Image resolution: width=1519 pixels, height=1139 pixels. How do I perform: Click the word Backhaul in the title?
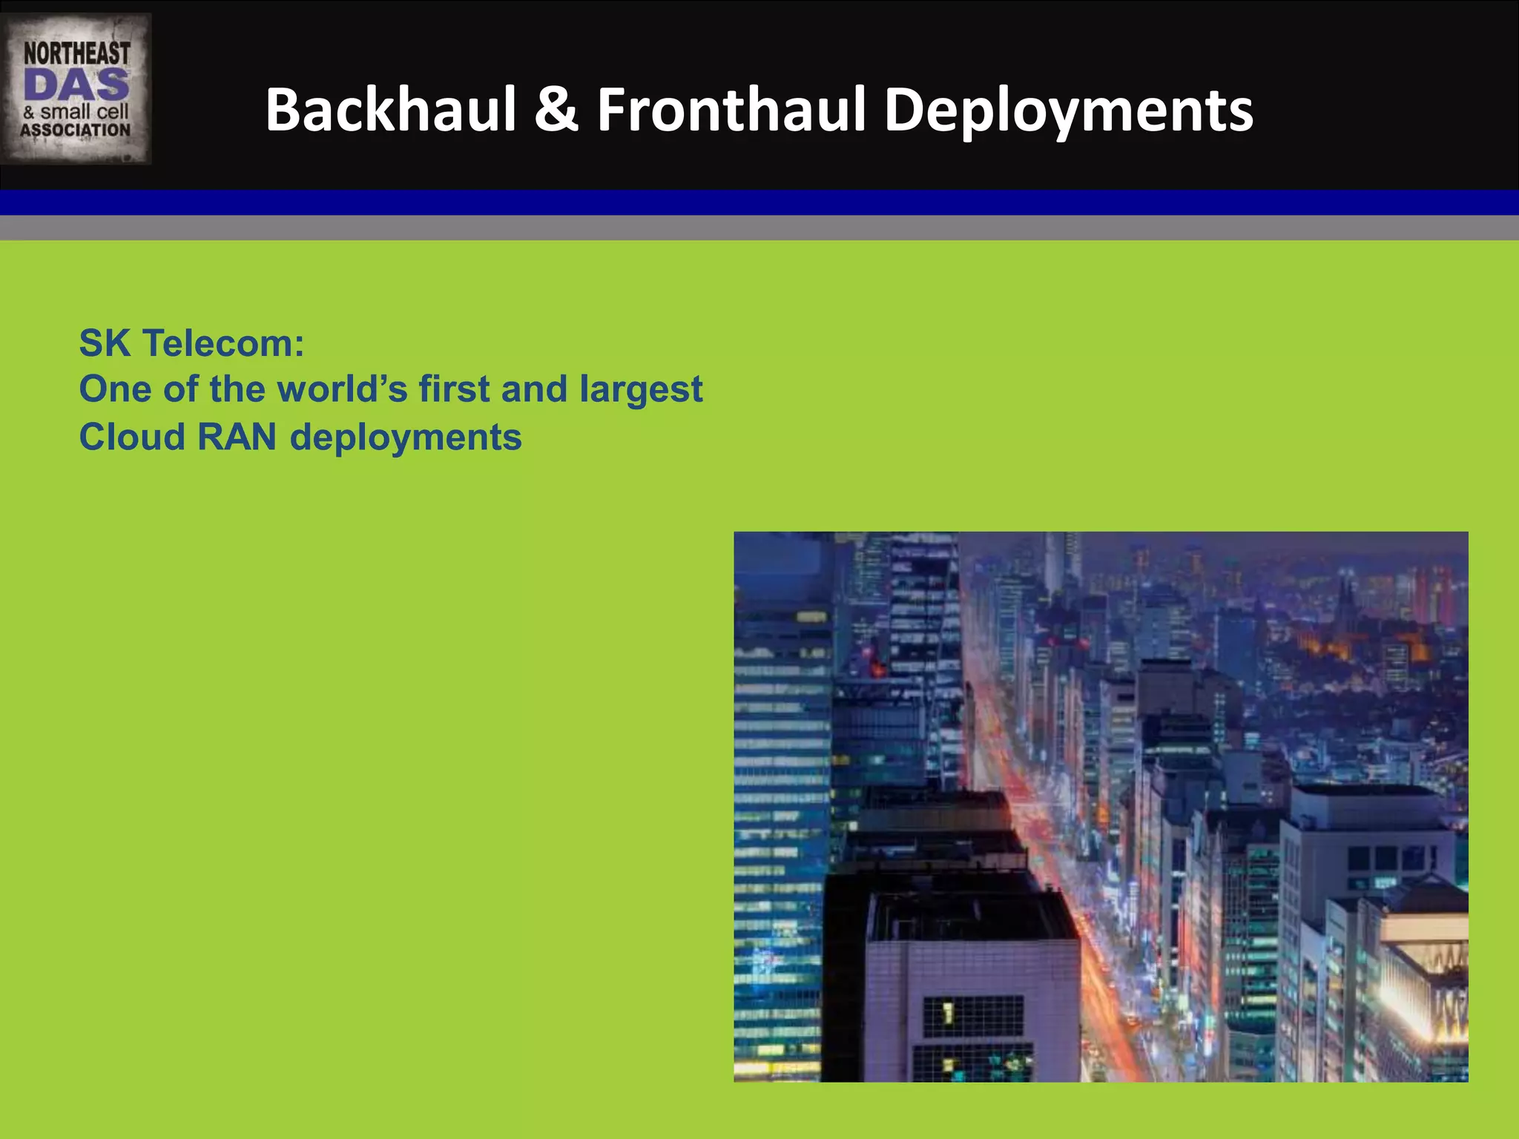tap(391, 110)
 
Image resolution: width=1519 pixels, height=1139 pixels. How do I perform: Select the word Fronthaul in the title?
tap(731, 110)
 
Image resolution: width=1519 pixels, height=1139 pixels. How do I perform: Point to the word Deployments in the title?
tap(1068, 111)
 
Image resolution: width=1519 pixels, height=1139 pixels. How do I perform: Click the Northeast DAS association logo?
tap(76, 89)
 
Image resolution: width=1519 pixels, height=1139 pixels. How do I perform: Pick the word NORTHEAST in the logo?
tap(76, 53)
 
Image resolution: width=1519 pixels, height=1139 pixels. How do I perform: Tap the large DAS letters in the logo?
tap(76, 85)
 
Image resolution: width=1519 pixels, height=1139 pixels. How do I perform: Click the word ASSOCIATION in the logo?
tap(76, 131)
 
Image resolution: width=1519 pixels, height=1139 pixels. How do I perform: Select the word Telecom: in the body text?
tap(223, 343)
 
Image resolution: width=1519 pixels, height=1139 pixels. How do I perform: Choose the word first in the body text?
tap(454, 389)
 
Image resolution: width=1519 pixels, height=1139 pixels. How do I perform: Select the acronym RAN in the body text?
tap(237, 437)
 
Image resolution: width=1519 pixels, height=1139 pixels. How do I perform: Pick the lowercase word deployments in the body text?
tap(406, 438)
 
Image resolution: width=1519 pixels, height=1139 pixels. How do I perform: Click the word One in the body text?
tap(115, 389)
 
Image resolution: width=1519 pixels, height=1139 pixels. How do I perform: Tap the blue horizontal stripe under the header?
tap(759, 202)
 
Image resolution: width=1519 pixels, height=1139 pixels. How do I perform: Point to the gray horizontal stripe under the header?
tap(759, 228)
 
